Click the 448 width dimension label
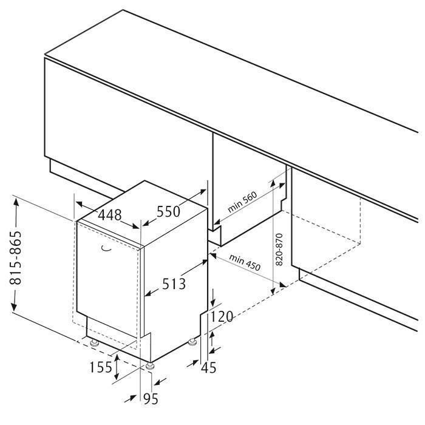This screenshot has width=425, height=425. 109,216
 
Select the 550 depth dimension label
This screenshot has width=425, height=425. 168,211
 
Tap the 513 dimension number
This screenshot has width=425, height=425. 174,284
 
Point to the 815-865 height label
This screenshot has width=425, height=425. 15,257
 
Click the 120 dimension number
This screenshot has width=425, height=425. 222,316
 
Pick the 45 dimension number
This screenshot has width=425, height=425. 209,367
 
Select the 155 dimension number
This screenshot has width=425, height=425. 101,367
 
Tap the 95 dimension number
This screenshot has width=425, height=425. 151,399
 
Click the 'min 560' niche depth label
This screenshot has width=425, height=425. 242,202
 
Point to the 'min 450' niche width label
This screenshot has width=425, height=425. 245,262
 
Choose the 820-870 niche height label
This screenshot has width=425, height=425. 279,249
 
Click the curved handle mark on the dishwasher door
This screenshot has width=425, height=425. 106,248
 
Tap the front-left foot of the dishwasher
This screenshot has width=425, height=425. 95,343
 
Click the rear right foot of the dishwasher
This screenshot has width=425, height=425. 192,342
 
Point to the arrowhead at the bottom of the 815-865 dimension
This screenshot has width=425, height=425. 13,307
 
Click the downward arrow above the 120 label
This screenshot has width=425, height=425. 213,298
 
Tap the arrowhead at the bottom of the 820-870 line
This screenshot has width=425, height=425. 273,291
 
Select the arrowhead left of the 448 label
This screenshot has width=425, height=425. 80,204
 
